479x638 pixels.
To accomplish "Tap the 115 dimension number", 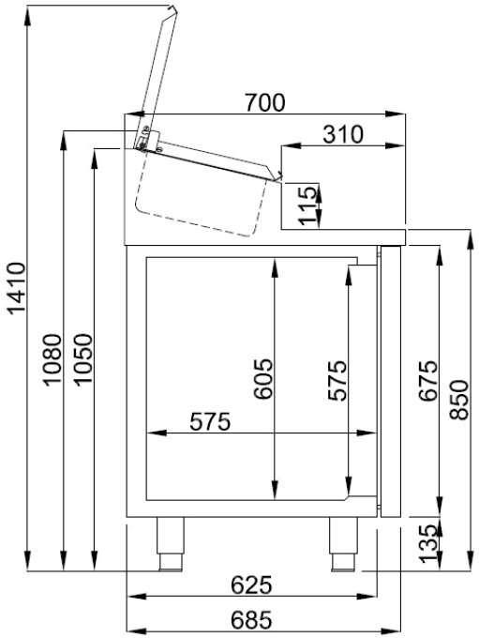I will click(x=307, y=205).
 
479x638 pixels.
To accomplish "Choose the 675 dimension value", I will click(x=427, y=381).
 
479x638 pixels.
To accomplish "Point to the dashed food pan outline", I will click(x=197, y=202).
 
